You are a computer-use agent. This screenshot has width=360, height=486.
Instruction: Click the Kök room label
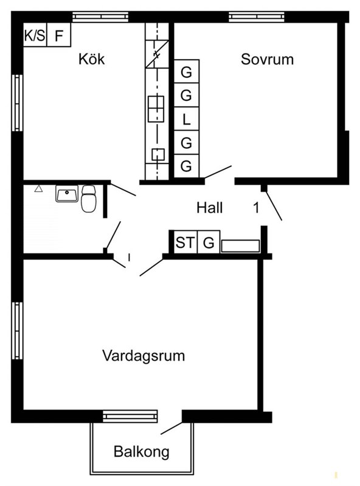92,59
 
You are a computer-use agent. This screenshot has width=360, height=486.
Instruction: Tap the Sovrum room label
267,59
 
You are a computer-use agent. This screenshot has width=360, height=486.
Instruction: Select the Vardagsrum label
144,355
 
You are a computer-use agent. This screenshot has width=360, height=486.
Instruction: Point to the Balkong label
142,452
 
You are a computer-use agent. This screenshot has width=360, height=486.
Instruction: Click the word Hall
209,207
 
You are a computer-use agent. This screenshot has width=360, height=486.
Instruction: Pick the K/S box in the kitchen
35,35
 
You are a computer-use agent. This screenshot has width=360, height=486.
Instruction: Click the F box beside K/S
59,35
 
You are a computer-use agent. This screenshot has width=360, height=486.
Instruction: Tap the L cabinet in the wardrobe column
186,118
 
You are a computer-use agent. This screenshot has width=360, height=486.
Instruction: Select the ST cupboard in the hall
185,242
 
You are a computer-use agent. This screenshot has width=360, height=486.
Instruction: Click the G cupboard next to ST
209,242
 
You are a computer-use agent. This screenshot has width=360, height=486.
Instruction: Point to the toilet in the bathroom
89,199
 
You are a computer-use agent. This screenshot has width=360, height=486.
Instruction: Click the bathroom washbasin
67,194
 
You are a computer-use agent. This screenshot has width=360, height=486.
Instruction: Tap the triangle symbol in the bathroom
38,188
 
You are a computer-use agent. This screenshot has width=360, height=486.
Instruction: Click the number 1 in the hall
256,207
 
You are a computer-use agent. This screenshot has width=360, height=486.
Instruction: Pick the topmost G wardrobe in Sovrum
186,72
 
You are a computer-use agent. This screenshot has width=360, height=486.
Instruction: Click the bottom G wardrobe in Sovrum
186,166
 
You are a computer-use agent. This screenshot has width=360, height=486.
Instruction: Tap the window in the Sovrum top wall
257,17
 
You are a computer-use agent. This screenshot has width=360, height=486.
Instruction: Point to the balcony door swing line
171,428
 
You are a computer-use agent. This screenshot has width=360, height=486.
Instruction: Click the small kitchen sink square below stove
158,154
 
